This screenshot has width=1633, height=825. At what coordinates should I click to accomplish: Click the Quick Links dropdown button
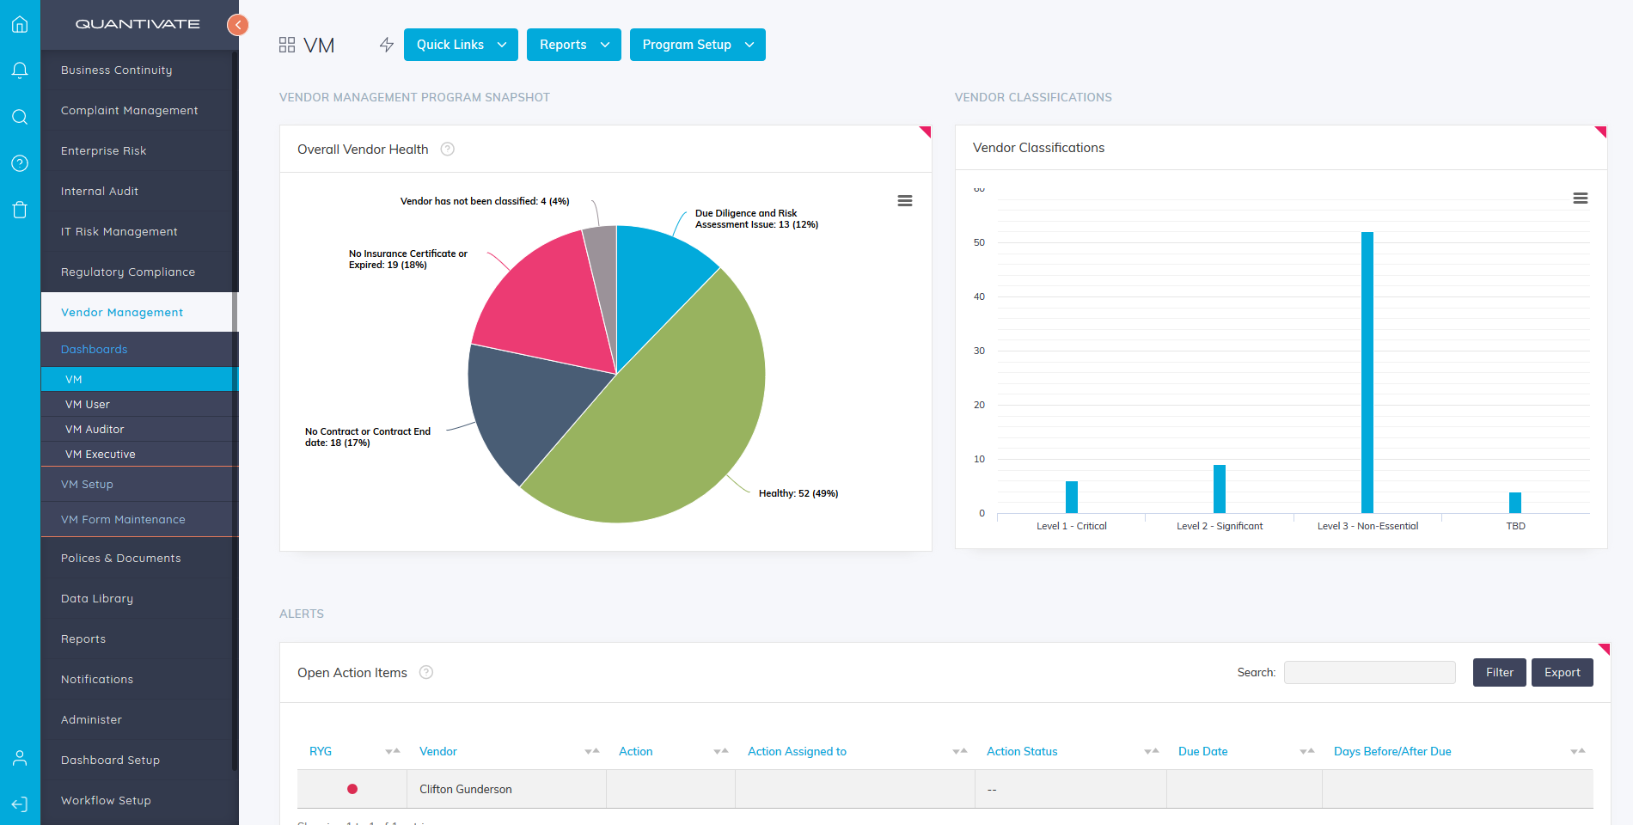click(460, 45)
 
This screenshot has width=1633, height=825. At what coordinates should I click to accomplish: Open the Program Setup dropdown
click(697, 45)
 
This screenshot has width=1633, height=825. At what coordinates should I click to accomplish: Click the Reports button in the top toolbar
click(573, 45)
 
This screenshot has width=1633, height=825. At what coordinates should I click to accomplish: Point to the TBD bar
click(1515, 503)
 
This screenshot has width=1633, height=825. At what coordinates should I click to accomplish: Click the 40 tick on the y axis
click(979, 296)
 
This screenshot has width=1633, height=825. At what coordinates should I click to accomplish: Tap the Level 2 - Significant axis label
click(1220, 526)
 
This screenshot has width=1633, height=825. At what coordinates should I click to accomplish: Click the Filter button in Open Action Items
click(1499, 673)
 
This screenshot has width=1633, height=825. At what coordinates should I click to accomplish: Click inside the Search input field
click(1369, 673)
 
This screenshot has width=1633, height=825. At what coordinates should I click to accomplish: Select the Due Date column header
click(1202, 751)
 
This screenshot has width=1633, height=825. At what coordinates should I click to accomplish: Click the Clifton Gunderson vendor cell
click(466, 789)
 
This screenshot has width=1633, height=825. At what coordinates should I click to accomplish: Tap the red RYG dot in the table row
click(352, 789)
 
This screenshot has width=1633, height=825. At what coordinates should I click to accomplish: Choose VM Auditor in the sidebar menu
click(95, 429)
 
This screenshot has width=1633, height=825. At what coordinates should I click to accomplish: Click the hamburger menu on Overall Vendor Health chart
click(904, 200)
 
